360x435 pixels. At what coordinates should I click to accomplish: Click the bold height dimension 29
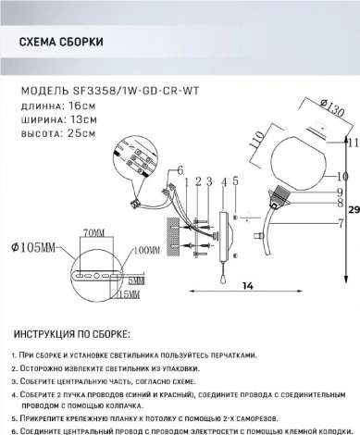(352, 238)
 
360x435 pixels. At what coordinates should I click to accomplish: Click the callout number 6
(168, 169)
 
